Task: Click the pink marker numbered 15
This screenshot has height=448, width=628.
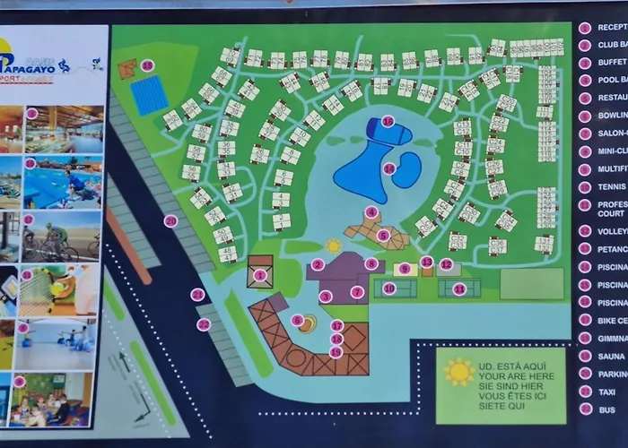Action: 147,65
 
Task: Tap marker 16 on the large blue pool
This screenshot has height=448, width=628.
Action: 388,121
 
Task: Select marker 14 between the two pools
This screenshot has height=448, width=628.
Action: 389,168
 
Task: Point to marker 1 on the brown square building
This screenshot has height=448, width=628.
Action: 260,275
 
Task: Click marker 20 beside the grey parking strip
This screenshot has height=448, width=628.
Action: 170,220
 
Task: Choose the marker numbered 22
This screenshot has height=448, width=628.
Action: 204,324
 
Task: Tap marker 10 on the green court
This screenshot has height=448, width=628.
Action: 388,289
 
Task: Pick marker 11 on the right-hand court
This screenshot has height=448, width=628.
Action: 459,289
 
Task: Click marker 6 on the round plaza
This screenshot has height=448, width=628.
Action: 297,320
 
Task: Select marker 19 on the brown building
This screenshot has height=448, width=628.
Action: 336,351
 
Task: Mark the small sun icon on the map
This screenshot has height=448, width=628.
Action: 334,245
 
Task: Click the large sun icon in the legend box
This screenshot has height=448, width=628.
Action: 459,371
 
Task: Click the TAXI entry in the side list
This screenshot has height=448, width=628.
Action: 609,392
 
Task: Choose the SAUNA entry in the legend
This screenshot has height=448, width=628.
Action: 611,356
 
